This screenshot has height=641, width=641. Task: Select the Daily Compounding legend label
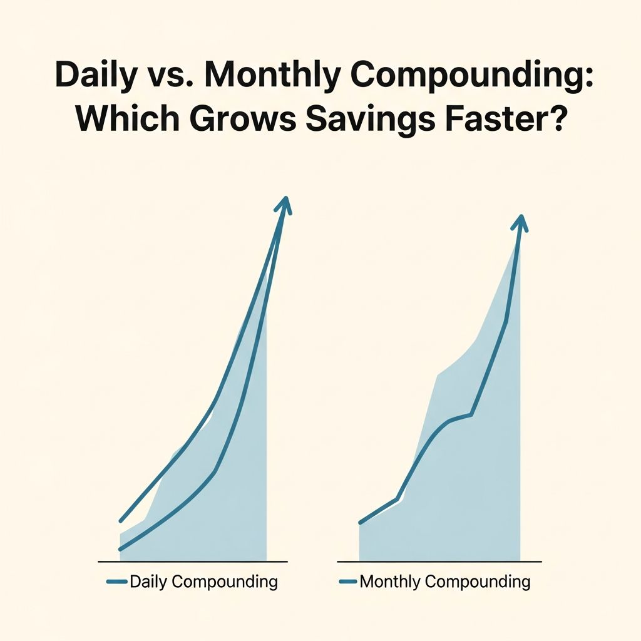point(203,582)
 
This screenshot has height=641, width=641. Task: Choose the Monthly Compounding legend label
point(444,582)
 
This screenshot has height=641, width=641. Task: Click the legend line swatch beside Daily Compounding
point(117,582)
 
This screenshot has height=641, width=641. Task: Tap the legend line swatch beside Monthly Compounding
point(347,582)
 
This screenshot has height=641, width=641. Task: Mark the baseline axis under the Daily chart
point(193,561)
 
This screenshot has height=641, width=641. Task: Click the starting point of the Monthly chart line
point(360,522)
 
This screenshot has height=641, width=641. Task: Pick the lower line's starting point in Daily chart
point(120,549)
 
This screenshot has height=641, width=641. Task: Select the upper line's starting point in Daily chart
point(120,520)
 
